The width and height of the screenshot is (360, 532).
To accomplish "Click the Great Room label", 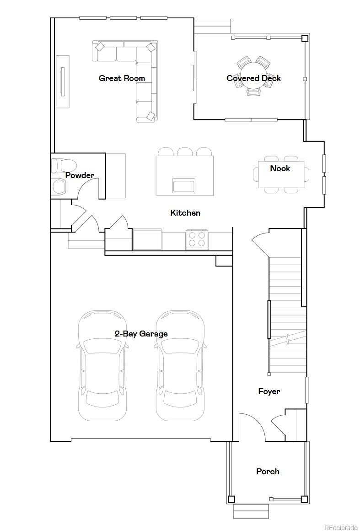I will tap(122, 78).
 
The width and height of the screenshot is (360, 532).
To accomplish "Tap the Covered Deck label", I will tap(253, 78).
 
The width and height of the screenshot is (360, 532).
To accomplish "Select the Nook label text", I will tap(280, 168).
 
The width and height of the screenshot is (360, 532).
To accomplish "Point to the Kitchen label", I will tap(185, 213).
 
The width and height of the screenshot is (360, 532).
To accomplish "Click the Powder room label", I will tap(80, 175).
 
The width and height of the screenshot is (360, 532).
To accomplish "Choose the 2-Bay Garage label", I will tap(141, 334).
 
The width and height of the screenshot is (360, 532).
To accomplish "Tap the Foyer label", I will tap(269, 391).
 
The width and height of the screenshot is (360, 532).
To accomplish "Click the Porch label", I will tap(268, 472).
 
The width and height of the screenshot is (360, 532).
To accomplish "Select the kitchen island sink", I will tap(184, 185).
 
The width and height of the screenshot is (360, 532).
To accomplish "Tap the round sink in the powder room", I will tap(59, 186).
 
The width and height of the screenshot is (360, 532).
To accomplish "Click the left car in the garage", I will tap(102, 366).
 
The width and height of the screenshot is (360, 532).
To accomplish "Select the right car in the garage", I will tap(180, 366).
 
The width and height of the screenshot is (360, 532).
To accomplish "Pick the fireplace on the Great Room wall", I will tap(63, 82).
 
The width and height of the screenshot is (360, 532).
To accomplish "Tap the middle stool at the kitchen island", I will tap(185, 152).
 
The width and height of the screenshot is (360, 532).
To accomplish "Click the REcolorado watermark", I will tap(340, 527).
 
